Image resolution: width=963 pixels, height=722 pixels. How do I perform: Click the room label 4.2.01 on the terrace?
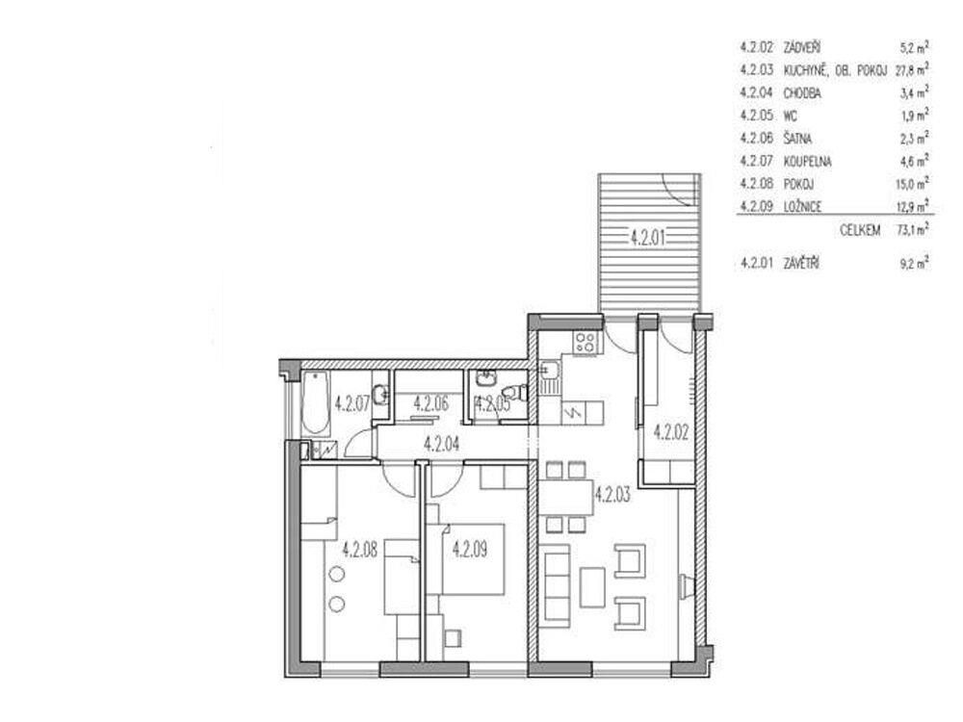648,237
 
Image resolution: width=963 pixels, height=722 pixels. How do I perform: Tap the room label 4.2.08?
360,549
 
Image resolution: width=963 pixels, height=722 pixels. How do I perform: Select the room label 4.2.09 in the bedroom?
470,549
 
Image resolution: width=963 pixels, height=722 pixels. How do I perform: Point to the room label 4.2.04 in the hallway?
442,443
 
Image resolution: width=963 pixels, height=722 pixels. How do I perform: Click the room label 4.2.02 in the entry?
670,432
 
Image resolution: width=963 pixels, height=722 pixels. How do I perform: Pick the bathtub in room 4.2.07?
316,402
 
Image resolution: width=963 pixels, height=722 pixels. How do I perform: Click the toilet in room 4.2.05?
514,392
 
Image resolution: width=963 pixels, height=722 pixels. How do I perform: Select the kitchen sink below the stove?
549,378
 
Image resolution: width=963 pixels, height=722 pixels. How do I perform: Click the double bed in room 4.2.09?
473,558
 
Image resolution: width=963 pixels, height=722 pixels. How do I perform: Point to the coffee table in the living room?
592,587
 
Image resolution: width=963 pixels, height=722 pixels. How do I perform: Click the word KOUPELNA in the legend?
807,162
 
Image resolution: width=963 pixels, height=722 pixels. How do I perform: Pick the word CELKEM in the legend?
860,231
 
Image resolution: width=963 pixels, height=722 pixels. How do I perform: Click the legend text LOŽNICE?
803,207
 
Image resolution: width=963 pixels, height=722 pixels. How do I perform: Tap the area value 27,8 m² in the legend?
912,69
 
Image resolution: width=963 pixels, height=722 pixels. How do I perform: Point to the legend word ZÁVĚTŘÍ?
801,264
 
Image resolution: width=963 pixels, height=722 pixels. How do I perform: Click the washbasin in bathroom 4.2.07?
381,395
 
